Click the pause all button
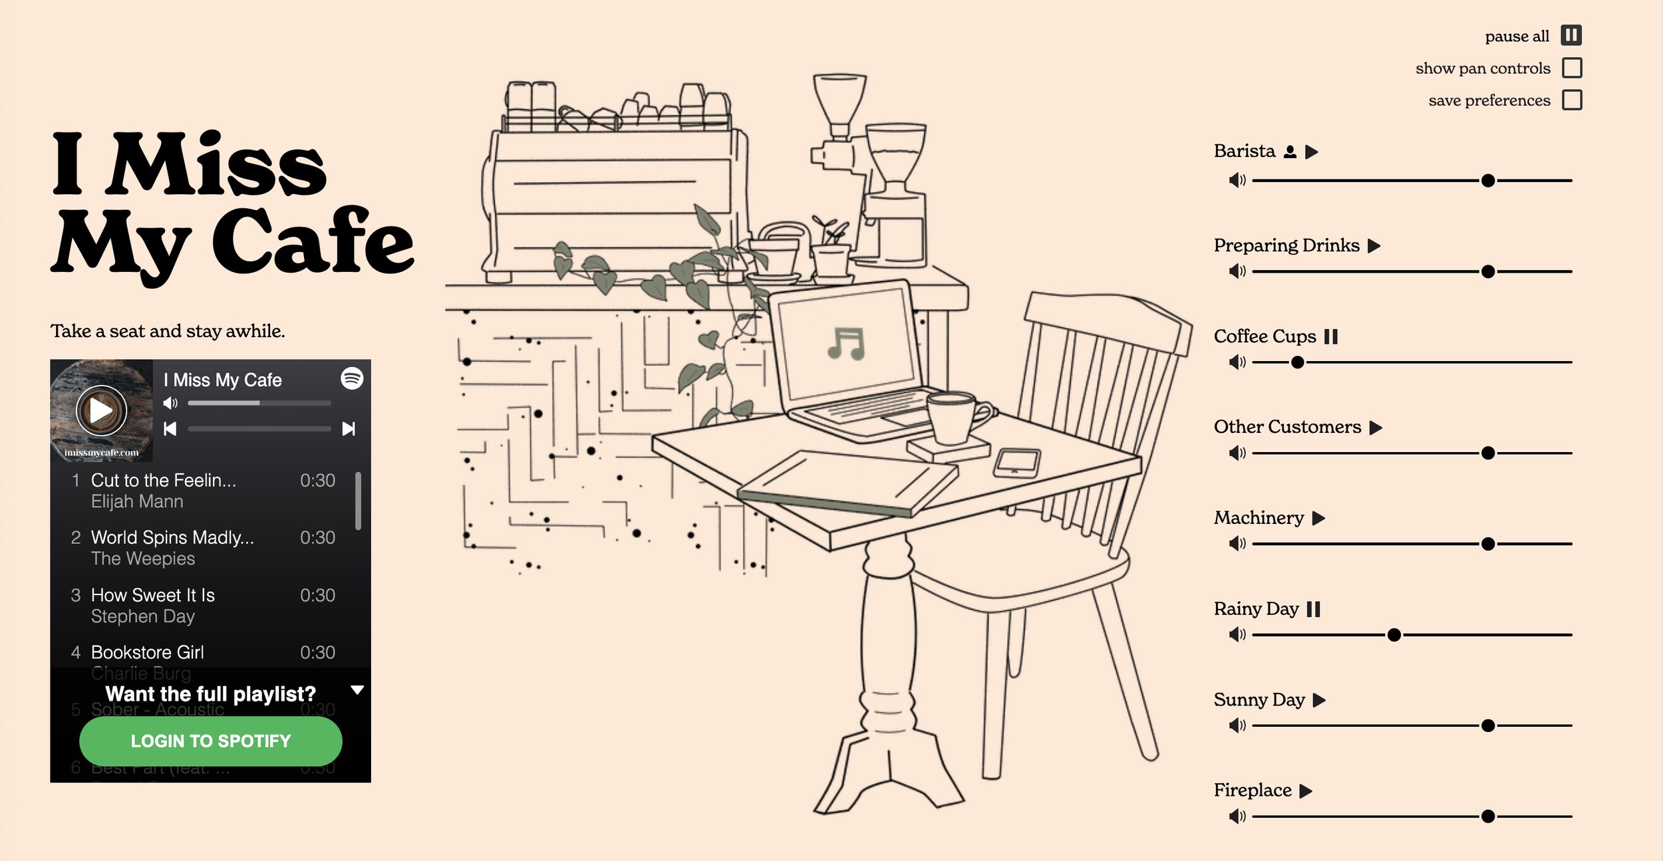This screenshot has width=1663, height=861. coord(1571,35)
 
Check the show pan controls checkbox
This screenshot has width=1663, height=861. coord(1572,68)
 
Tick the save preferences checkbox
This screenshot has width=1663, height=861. coord(1572,100)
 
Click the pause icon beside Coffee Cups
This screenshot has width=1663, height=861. coord(1330,336)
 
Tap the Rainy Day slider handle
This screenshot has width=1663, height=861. coord(1394,635)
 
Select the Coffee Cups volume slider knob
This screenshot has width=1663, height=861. coord(1297,362)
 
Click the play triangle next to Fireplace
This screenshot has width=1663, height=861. coord(1306,791)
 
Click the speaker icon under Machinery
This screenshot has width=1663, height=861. coord(1237,544)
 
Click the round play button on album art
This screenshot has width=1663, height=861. coord(101,411)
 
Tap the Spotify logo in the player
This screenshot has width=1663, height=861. coord(352,378)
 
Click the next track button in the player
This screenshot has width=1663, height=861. coord(349,429)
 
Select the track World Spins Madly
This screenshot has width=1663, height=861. coord(172,537)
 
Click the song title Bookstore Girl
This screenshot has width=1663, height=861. coord(148,652)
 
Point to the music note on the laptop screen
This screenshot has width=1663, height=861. coord(845,344)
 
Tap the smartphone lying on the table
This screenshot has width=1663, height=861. coord(1016,462)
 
